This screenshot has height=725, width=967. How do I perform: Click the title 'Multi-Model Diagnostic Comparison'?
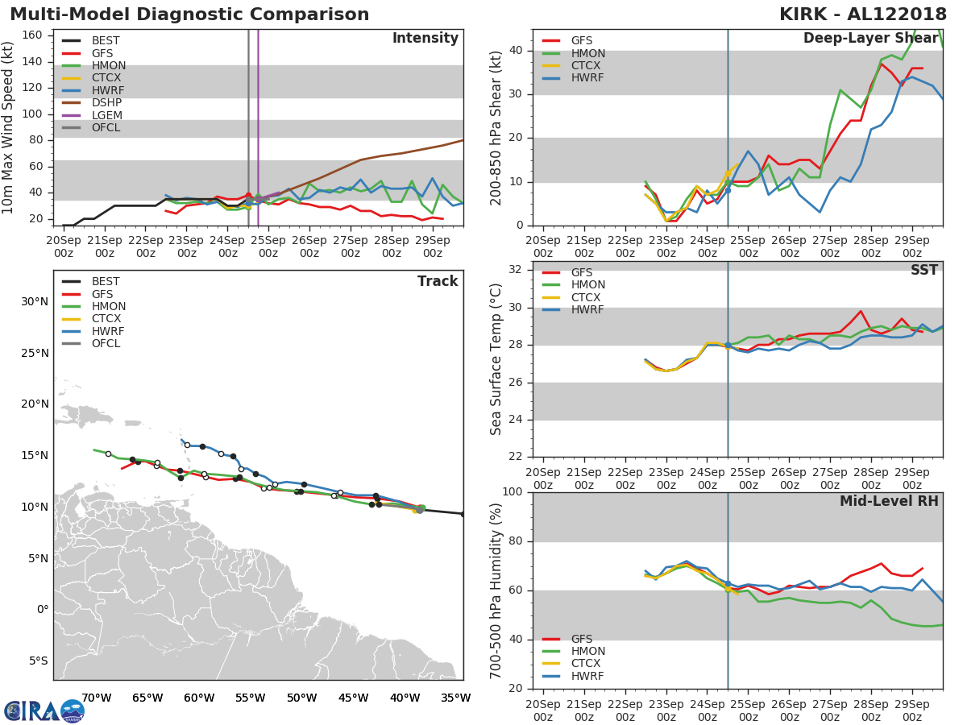(189, 14)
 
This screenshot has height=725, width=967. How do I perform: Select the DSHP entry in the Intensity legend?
(106, 103)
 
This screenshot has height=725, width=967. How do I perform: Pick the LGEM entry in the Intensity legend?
(106, 115)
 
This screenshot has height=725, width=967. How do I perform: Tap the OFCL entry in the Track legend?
(106, 344)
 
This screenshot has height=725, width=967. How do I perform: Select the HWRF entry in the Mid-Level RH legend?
(587, 676)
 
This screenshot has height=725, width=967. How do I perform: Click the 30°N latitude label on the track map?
(34, 302)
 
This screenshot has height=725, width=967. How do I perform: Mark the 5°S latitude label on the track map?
(38, 661)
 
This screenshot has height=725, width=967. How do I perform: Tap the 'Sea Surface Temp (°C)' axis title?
(497, 359)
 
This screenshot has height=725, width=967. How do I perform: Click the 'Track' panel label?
(437, 281)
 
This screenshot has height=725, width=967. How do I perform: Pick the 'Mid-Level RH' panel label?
(889, 501)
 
